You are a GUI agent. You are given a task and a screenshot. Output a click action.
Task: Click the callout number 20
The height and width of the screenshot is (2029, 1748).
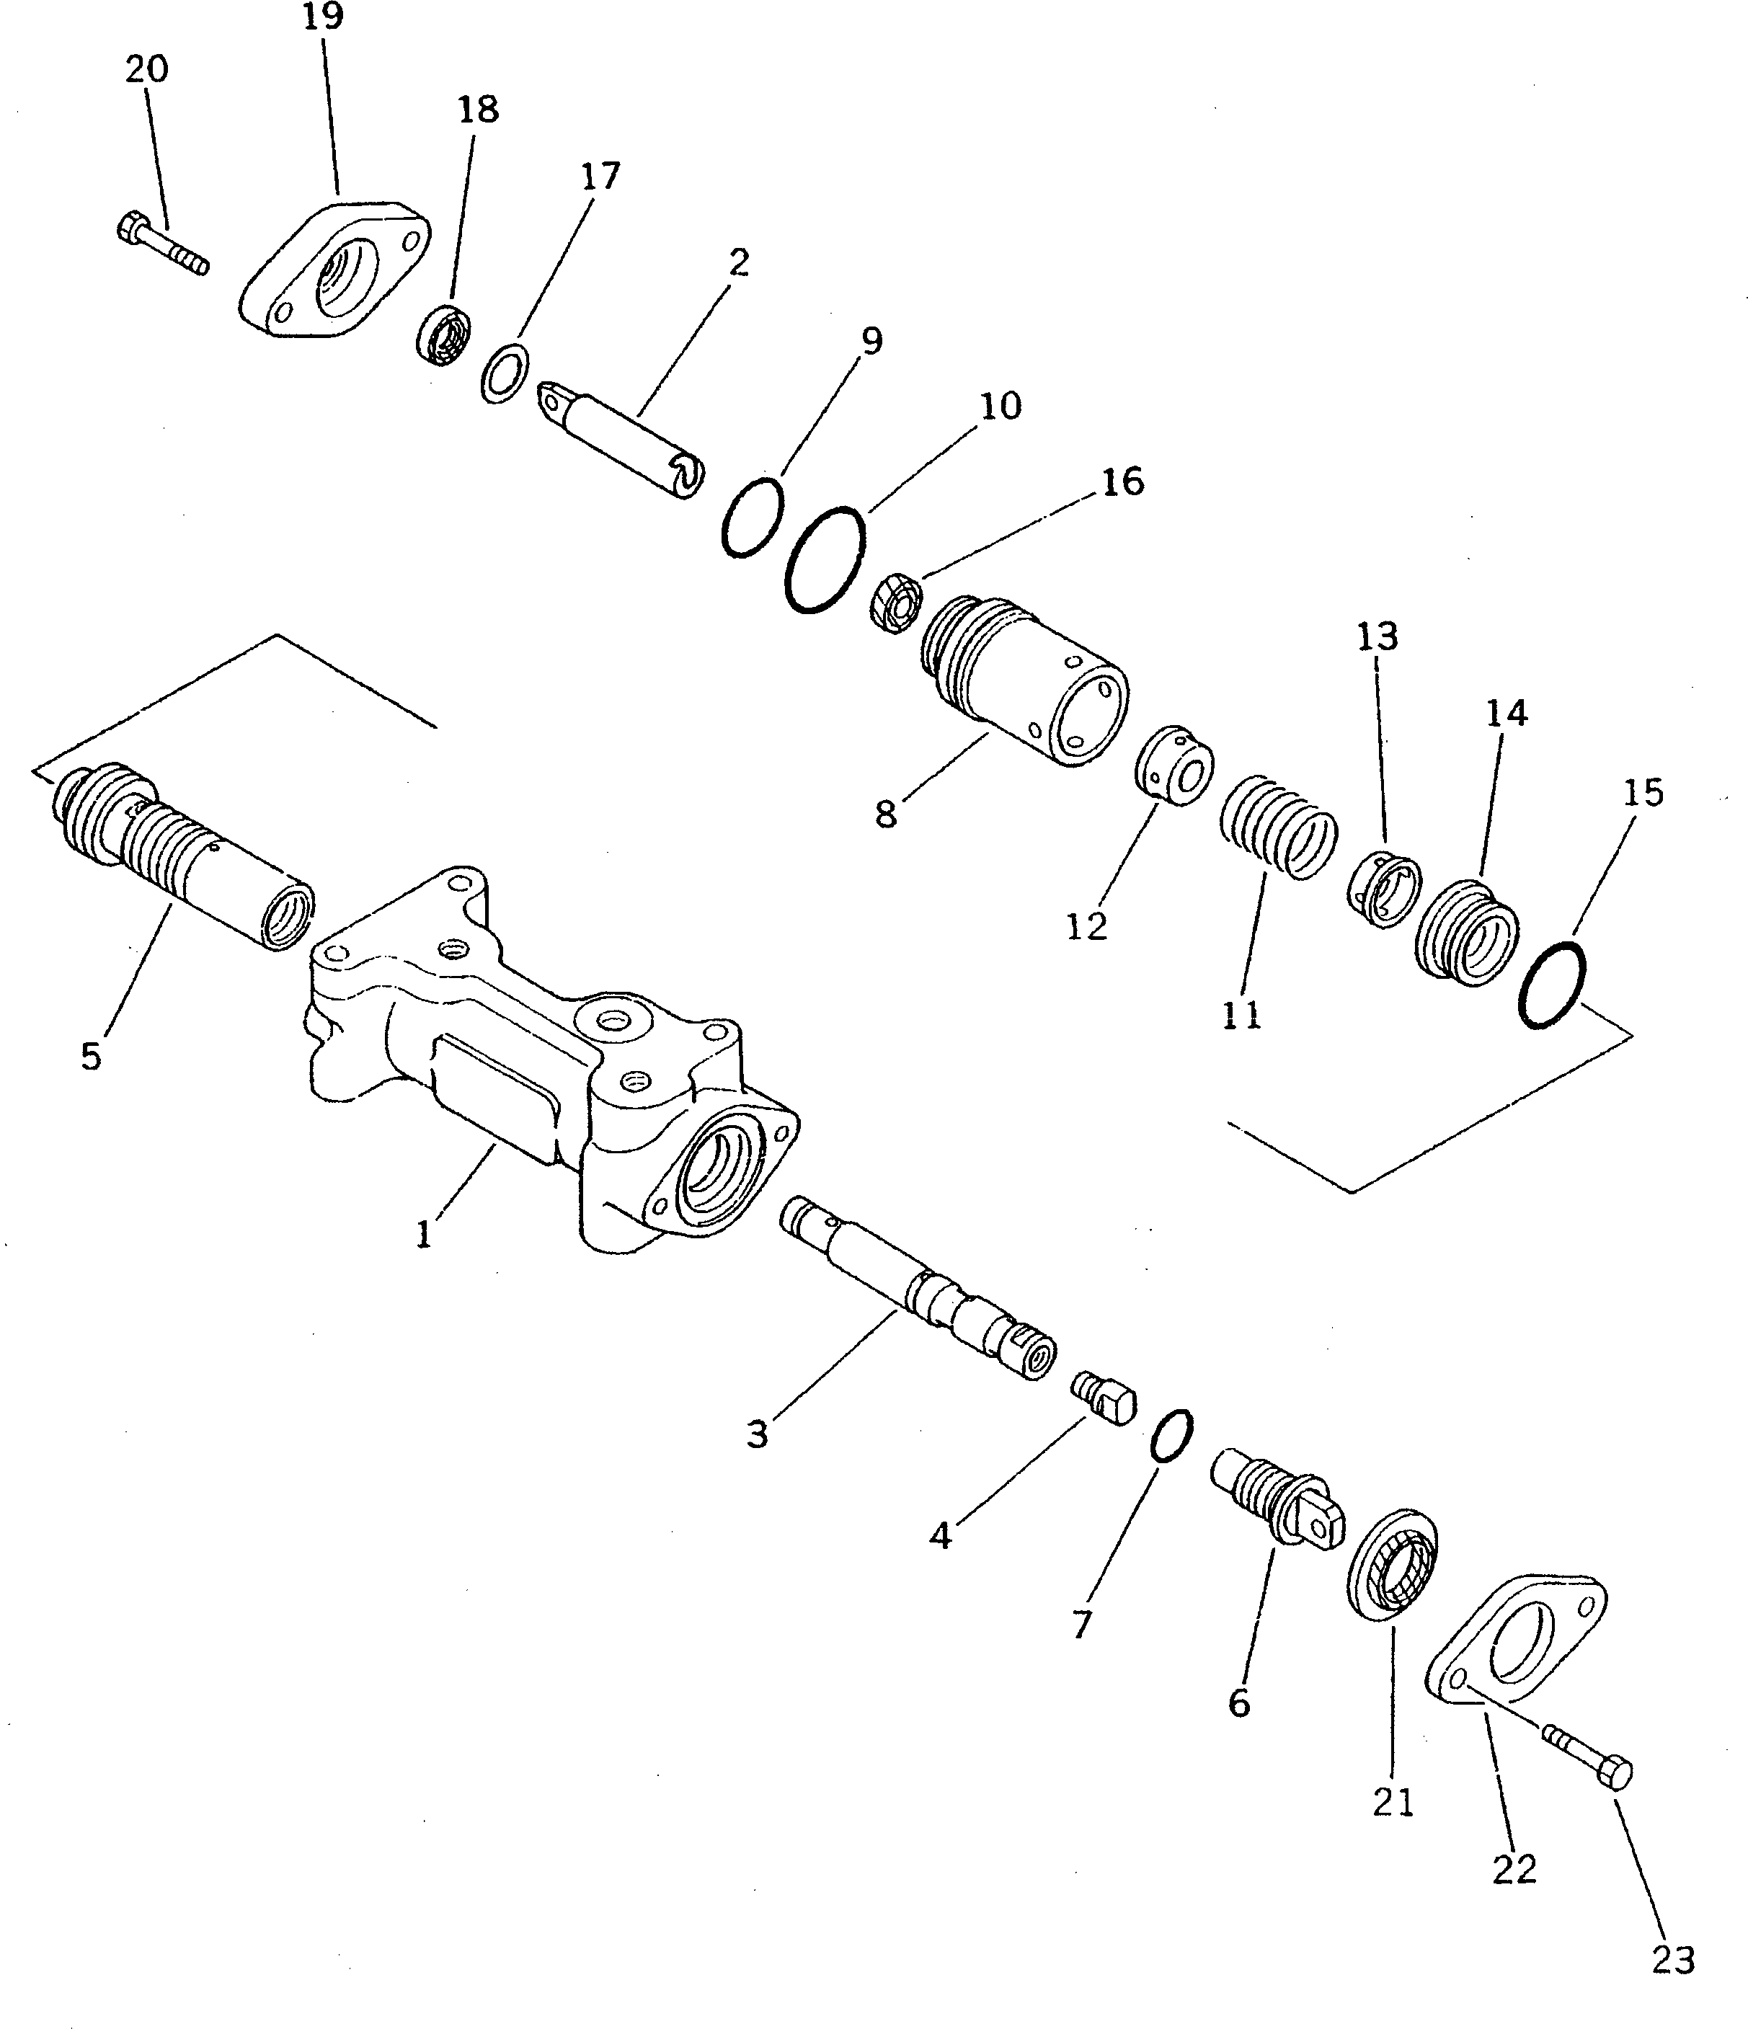click(147, 69)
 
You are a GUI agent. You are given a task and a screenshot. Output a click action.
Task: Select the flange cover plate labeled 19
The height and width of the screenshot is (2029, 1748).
click(333, 270)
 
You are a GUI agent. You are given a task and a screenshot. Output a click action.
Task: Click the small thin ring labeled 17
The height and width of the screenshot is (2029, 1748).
click(505, 373)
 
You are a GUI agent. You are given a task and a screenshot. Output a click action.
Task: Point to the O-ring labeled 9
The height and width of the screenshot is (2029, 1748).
click(752, 517)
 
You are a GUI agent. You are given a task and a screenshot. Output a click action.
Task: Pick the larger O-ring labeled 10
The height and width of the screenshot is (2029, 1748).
click(825, 560)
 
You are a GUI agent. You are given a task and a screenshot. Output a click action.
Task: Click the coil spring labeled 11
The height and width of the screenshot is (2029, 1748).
click(1279, 825)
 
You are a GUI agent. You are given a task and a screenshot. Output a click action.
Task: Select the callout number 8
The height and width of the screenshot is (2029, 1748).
click(885, 814)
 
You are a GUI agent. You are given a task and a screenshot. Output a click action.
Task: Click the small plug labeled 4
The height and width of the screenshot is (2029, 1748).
click(1103, 1395)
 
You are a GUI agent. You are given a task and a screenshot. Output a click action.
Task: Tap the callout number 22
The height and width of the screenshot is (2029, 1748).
click(1514, 1870)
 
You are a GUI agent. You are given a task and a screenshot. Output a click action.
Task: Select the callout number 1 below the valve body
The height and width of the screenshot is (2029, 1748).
click(423, 1236)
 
